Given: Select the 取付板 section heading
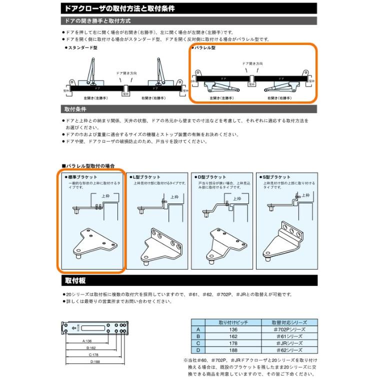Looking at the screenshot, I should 76,280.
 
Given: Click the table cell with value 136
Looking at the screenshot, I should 233,329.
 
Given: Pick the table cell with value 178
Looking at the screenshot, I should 233,343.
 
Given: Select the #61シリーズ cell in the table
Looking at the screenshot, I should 289,336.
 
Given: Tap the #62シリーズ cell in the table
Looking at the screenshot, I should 289,350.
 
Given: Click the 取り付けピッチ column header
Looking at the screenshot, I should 233,322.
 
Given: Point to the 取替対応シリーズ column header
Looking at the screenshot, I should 289,322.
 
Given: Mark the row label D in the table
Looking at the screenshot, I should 198,350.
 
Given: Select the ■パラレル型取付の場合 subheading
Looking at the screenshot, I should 88,165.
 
